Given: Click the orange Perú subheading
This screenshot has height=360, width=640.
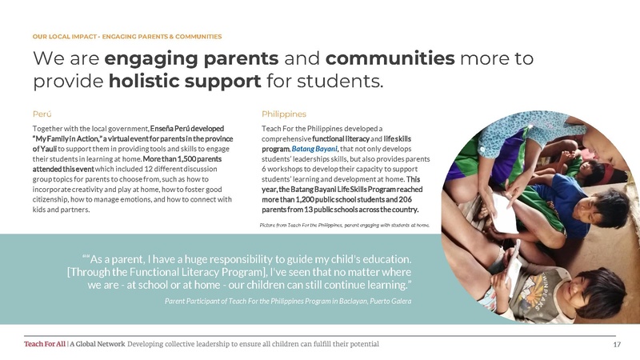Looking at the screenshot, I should [42, 114].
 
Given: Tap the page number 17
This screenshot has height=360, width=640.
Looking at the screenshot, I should [617, 344].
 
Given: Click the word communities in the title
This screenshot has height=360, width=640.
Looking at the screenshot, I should [391, 58].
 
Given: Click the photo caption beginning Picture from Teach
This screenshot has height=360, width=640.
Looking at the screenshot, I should [345, 226].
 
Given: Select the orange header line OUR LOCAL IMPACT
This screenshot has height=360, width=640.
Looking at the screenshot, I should [127, 37].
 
